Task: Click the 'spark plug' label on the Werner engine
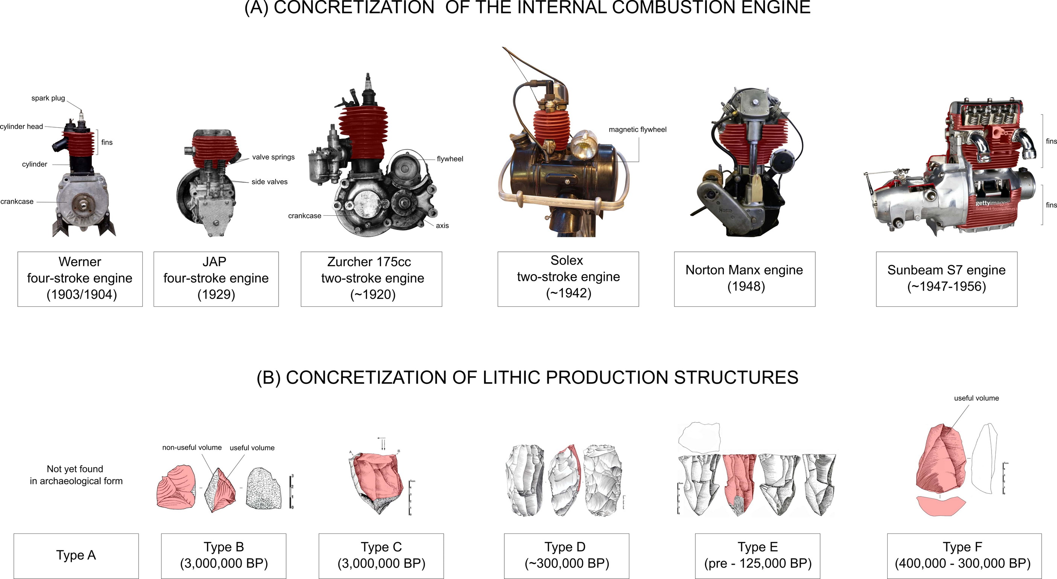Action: click(48, 98)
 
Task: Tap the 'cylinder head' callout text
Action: click(21, 126)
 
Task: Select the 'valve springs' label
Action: click(273, 157)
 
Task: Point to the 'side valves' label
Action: click(269, 182)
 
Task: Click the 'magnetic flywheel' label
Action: click(637, 129)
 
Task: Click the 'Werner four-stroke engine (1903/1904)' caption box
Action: click(80, 279)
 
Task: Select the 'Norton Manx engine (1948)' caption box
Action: click(744, 279)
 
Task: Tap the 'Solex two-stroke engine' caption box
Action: click(568, 279)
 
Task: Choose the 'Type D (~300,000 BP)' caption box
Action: click(566, 556)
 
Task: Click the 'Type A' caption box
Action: click(76, 556)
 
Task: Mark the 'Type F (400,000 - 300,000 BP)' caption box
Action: click(964, 556)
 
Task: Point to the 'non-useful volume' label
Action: click(192, 447)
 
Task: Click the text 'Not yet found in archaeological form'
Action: click(76, 475)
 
